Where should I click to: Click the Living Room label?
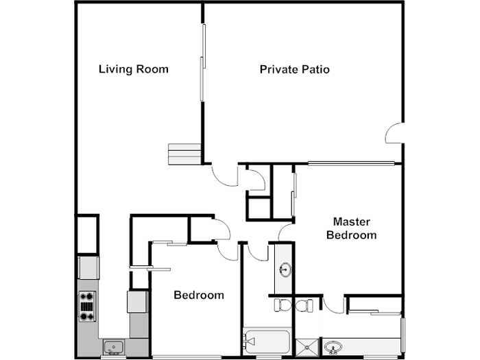point(134,69)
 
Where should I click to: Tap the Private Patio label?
point(295,69)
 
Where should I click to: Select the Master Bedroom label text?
point(351,228)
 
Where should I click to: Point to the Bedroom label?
point(198,296)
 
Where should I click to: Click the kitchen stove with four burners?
point(88,307)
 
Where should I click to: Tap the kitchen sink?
point(112,347)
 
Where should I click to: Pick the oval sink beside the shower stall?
point(334,347)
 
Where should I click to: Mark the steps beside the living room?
point(184,154)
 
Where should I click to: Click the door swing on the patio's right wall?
point(394,132)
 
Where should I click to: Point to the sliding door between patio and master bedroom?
point(350,163)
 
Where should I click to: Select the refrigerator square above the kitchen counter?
point(88,267)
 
